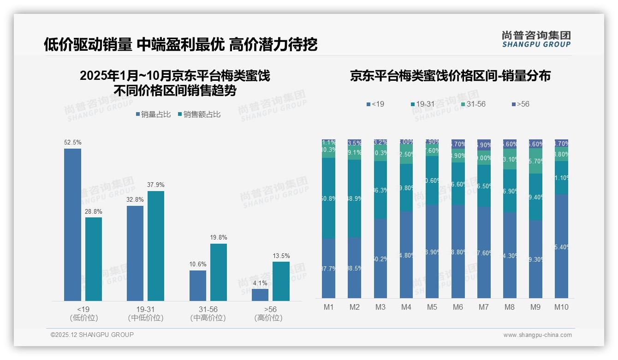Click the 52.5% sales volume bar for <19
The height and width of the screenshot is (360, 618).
click(72, 225)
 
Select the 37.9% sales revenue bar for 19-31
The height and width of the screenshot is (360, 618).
click(156, 246)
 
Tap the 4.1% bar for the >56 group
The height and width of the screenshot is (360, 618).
click(260, 295)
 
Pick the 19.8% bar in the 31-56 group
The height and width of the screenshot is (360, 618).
click(219, 272)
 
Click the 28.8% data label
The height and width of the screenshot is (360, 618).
click(94, 211)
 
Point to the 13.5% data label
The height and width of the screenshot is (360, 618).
click(281, 256)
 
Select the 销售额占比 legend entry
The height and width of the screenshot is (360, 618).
click(199, 114)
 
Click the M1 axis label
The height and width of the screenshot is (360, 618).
click(328, 307)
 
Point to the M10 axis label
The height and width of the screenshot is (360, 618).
click(561, 307)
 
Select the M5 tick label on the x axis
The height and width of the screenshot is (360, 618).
click(432, 307)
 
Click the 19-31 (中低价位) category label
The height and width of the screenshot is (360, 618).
click(145, 313)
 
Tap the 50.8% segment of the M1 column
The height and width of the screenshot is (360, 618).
click(328, 198)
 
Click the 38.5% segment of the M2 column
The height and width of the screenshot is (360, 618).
click(354, 268)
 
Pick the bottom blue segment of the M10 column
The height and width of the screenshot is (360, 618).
click(561, 246)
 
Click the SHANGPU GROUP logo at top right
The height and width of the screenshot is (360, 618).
click(536, 39)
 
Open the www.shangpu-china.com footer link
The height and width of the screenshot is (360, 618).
click(537, 335)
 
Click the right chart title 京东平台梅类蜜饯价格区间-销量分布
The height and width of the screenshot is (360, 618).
click(450, 76)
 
